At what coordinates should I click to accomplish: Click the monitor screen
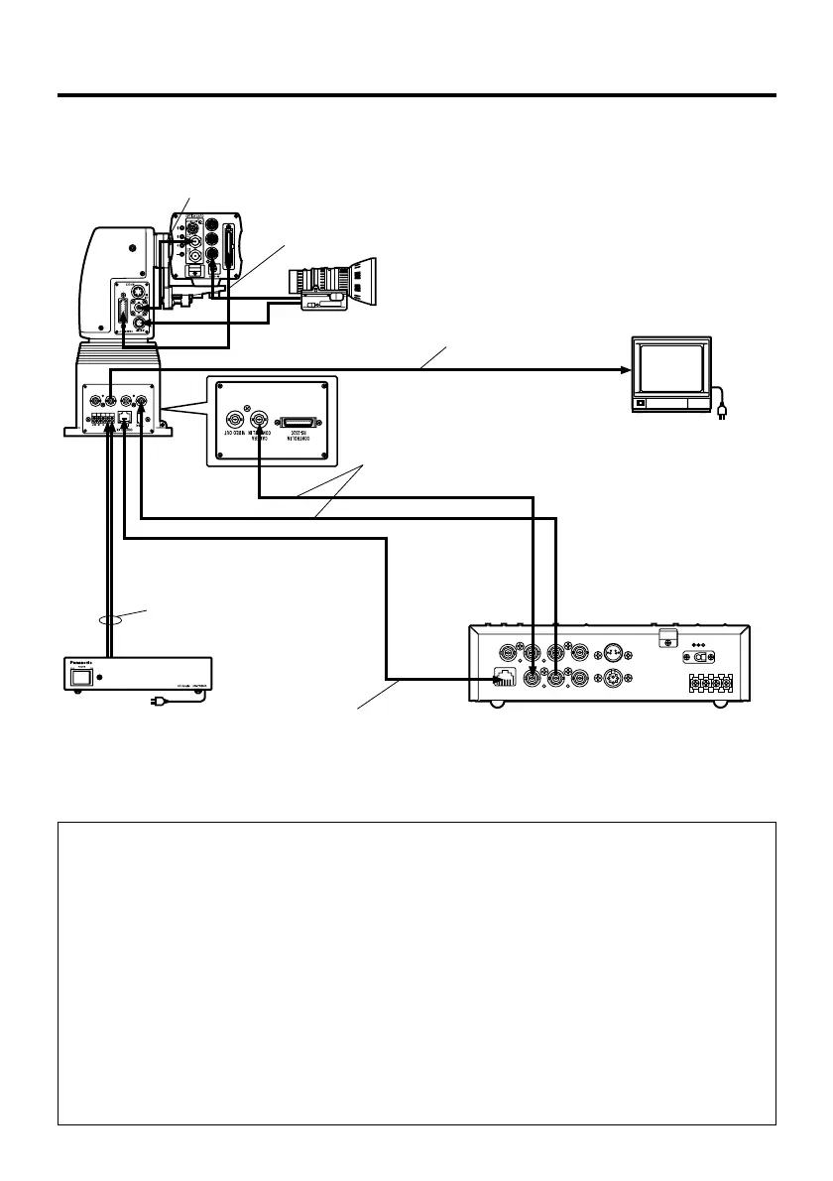click(671, 369)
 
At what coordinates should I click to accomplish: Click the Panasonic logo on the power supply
click(84, 665)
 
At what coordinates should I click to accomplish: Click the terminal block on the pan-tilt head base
click(99, 420)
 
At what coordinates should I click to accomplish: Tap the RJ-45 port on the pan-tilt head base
click(124, 418)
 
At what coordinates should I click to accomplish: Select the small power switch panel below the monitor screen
click(642, 403)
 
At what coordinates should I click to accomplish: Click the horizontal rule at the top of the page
click(416, 95)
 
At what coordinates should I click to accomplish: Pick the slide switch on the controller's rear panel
click(702, 656)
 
